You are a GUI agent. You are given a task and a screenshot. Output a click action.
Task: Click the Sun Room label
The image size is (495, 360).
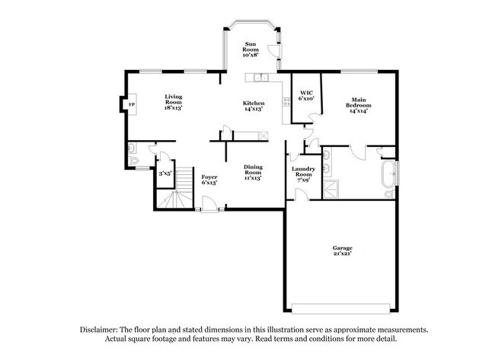pos(250,49)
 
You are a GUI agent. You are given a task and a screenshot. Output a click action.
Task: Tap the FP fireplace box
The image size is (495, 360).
pos(131,104)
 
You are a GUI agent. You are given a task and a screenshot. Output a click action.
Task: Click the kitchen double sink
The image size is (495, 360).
pos(258,76)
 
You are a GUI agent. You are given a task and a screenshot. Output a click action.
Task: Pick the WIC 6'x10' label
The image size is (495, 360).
pos(307,95)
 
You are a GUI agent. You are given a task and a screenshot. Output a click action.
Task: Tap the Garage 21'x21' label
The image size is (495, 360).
pos(342,251)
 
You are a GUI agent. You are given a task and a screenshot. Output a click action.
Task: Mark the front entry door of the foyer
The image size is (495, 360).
pos(207,205)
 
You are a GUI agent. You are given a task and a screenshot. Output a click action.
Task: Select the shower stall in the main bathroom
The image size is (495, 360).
pos(331,188)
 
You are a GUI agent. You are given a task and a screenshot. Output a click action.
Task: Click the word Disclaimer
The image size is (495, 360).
pos(100,330)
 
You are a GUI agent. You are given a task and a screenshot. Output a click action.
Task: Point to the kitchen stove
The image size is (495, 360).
pos(263,135)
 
